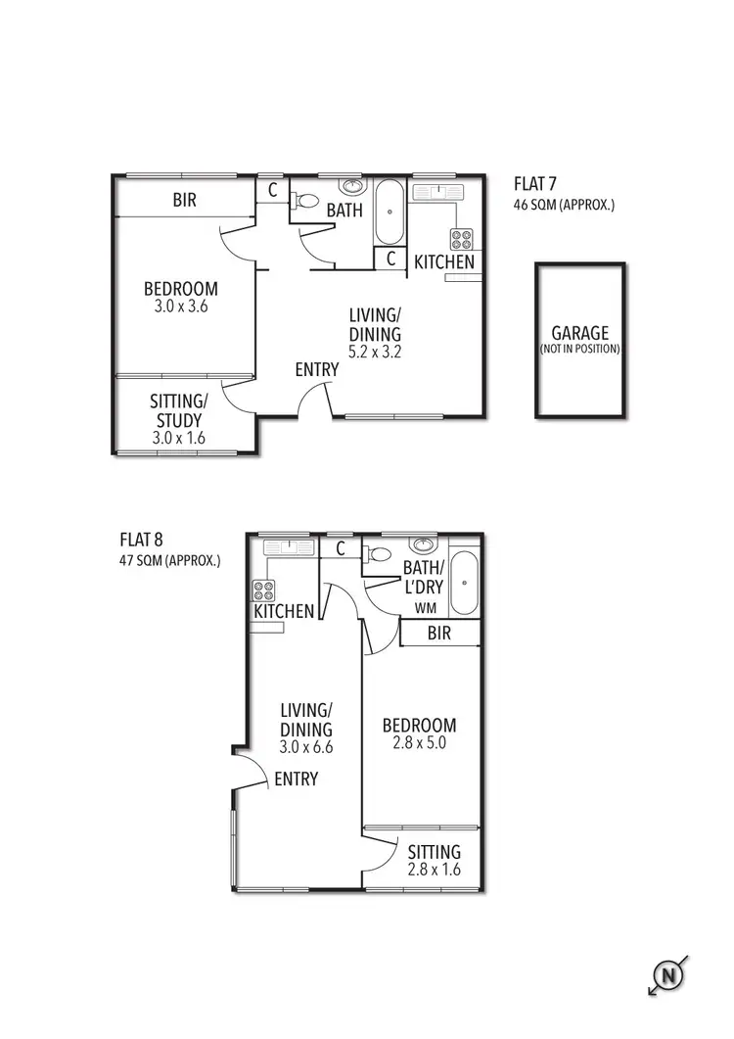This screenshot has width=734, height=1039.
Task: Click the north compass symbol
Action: tap(668, 975)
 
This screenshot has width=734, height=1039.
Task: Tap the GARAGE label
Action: tap(579, 333)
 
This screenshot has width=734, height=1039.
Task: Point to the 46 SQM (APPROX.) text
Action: tap(564, 206)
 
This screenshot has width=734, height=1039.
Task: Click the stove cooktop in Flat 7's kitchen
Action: tap(461, 239)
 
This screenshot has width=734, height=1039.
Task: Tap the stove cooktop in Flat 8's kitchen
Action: tap(264, 590)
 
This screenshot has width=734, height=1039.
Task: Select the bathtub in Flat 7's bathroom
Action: tap(390, 212)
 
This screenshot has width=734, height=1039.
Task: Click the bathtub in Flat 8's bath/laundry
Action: tap(464, 585)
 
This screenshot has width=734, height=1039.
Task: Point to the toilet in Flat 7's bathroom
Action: tap(305, 202)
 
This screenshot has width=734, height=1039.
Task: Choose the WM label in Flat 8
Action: tap(425, 608)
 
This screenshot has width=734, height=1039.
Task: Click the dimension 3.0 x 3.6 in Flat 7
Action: tap(181, 307)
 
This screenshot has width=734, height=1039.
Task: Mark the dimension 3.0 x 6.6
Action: tap(306, 747)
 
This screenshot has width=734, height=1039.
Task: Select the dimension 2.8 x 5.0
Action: tap(419, 743)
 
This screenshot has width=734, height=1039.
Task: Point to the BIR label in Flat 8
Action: tap(439, 634)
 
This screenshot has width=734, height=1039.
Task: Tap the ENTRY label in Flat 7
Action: tap(316, 370)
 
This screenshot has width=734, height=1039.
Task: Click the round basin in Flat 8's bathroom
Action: tap(425, 545)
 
